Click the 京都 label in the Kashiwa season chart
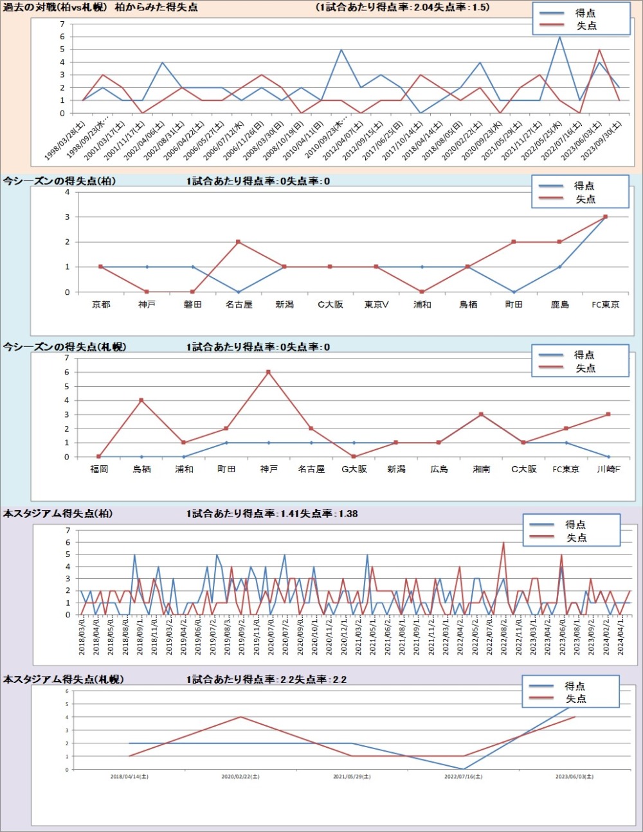(101, 305)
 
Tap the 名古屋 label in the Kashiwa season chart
(239, 305)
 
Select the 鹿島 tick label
(559, 305)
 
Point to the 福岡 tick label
(99, 470)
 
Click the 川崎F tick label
(608, 470)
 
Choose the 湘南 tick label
(481, 470)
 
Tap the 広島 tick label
(439, 470)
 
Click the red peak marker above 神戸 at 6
(268, 372)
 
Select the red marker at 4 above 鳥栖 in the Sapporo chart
(141, 400)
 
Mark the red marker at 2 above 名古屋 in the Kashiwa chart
(239, 242)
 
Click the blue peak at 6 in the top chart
(559, 37)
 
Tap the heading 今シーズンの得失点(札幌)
(64, 347)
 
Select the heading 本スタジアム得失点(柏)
(58, 514)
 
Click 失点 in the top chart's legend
(586, 26)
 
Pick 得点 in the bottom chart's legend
(575, 686)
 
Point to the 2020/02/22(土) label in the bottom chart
(240, 777)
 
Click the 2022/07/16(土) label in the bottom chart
(463, 777)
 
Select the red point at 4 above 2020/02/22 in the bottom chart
(240, 717)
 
